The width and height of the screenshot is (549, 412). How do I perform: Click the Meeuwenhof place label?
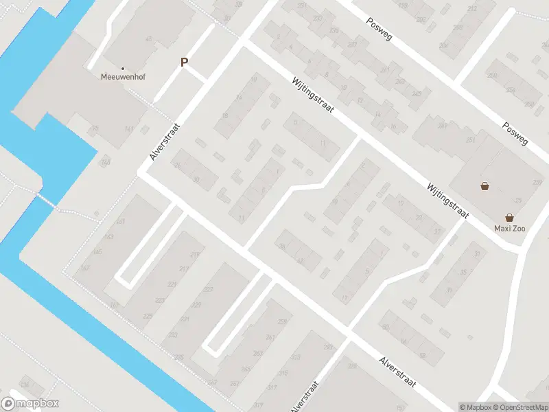tap(123, 78)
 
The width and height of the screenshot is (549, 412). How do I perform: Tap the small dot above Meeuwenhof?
tap(123, 68)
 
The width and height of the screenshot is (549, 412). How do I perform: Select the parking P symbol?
tap(184, 62)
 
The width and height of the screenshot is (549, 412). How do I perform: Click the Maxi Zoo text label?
tap(510, 228)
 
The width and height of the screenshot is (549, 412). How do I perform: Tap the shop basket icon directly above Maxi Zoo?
tap(510, 217)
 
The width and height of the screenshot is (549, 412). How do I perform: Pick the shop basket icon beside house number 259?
tap(485, 186)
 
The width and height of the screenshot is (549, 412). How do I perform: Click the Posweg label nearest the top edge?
tap(379, 28)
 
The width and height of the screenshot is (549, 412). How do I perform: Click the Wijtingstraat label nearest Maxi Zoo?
tap(447, 200)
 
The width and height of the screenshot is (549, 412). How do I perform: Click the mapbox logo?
tap(30, 404)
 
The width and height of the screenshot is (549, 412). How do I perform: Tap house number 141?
tap(128, 129)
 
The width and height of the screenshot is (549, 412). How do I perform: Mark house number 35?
tap(463, 273)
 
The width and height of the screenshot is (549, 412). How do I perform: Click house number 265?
tap(246, 369)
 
